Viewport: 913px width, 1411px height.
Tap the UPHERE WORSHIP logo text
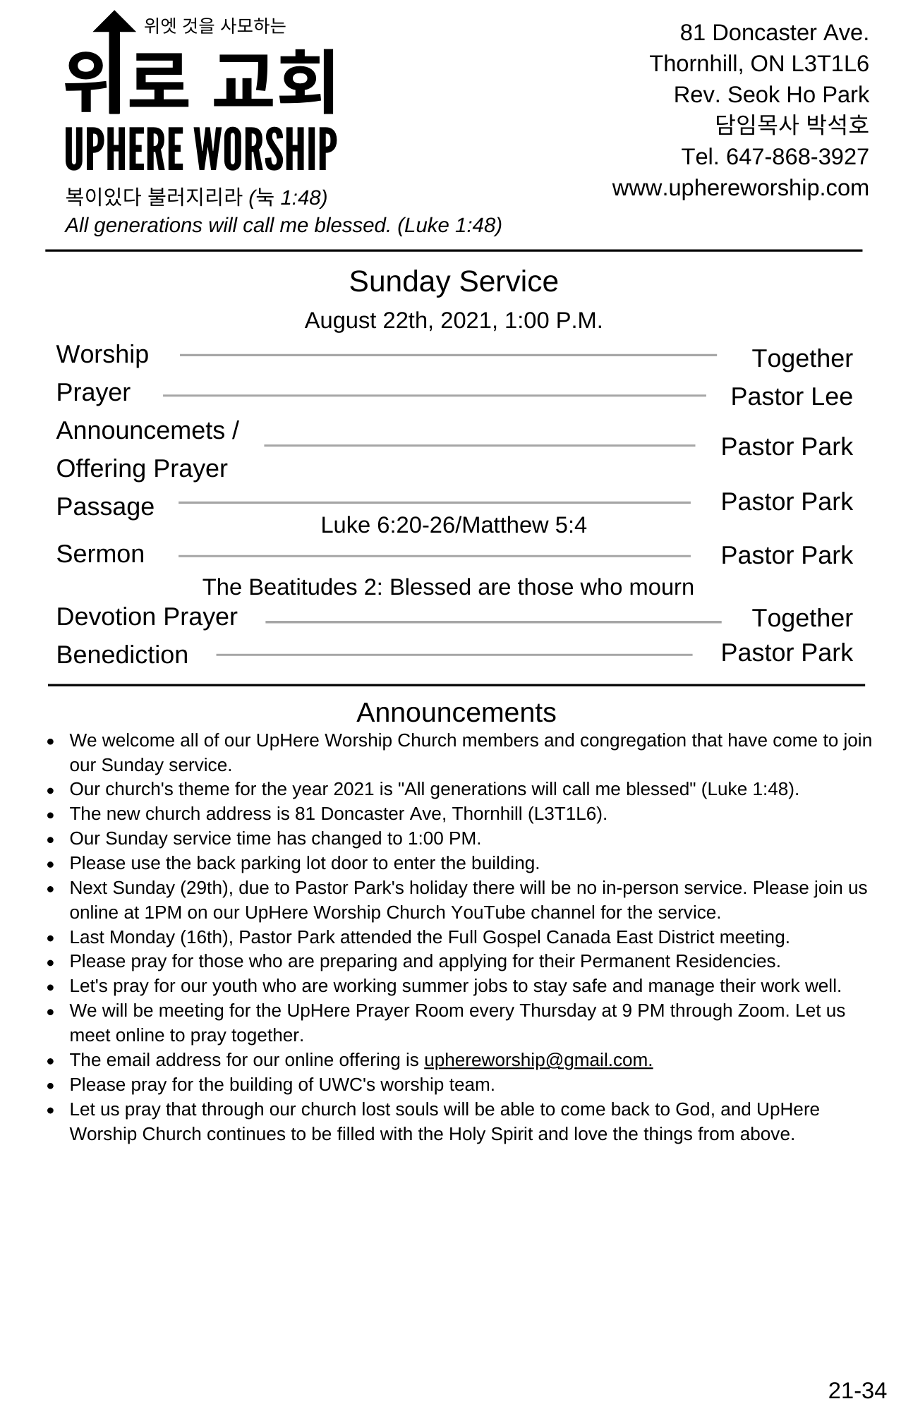point(200,150)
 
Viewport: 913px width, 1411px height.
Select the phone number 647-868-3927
point(797,157)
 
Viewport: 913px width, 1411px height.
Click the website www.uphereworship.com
point(740,188)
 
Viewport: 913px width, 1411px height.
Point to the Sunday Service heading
point(453,281)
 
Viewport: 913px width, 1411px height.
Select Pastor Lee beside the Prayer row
point(791,396)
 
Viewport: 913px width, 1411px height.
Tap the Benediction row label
point(122,655)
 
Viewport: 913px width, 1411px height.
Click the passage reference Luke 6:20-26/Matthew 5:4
point(453,525)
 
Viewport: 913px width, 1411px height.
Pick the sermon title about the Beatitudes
point(448,587)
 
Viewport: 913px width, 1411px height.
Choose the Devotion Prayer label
point(147,617)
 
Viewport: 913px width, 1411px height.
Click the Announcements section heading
point(456,713)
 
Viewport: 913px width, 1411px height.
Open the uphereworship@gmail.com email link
point(538,1060)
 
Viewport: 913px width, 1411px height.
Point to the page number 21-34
point(857,1390)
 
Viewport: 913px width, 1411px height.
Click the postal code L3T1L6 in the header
point(830,64)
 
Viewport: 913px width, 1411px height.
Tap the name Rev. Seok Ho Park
point(770,95)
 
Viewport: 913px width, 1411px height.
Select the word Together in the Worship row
point(802,358)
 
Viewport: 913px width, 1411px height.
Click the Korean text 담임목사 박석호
point(792,126)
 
